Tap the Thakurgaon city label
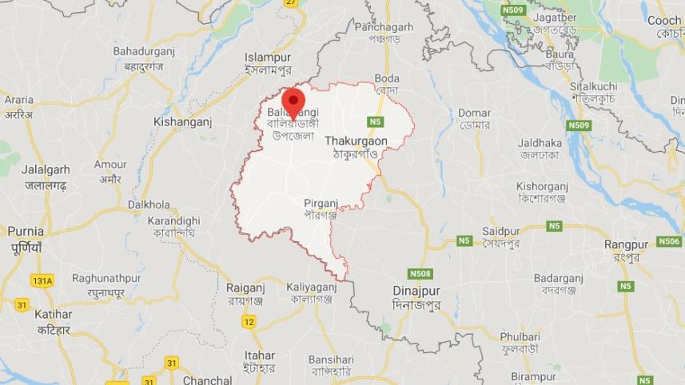(356, 141)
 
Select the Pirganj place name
(321, 204)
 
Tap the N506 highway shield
(669, 241)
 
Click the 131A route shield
(42, 280)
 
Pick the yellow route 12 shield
(249, 321)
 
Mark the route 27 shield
(291, 3)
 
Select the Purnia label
(26, 231)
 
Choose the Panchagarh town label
(384, 27)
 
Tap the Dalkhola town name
(149, 204)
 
